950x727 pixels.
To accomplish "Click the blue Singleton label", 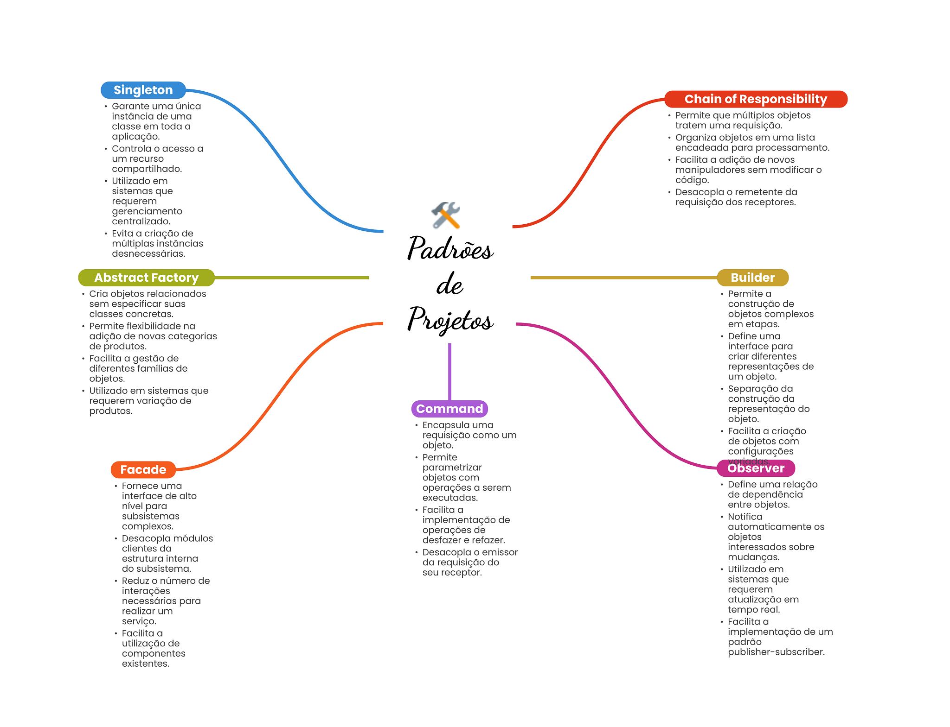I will [143, 90].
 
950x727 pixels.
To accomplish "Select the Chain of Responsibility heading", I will [756, 99].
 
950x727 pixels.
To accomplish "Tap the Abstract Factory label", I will [146, 278].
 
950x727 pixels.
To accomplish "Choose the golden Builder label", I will [752, 278].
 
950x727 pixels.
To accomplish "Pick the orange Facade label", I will [143, 469].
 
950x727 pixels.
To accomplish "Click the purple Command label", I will [449, 409].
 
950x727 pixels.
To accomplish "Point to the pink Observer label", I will [756, 468].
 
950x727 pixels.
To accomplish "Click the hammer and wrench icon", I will [446, 215].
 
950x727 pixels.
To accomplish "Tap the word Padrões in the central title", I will [450, 249].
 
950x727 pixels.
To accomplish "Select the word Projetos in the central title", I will [450, 320].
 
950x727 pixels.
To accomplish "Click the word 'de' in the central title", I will [449, 284].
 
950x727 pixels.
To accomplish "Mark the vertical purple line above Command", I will [449, 371].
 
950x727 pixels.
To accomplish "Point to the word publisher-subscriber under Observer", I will [776, 652].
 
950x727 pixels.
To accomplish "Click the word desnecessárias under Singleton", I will [148, 253].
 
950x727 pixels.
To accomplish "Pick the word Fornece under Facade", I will [140, 486].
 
